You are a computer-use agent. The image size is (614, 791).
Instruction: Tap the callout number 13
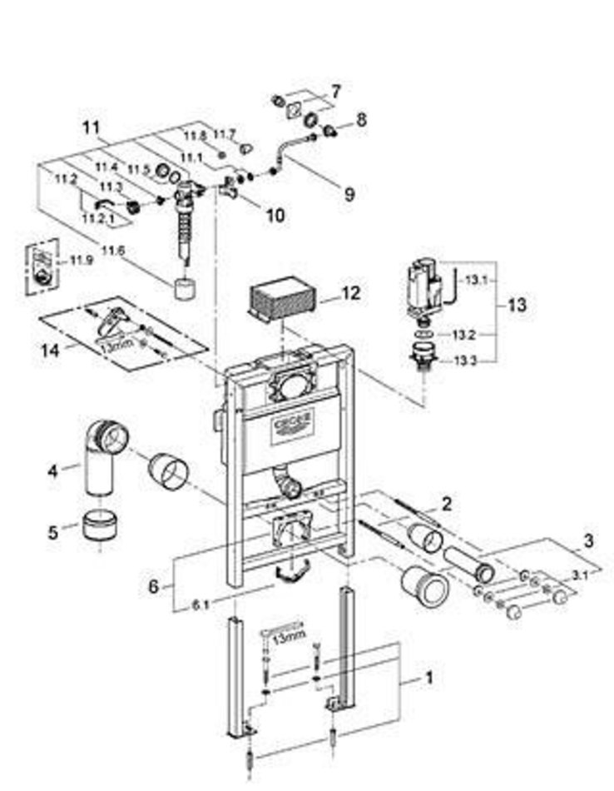pyautogui.click(x=517, y=305)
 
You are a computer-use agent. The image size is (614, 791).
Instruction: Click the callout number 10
pyautogui.click(x=275, y=215)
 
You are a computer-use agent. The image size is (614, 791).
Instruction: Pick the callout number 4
pyautogui.click(x=52, y=470)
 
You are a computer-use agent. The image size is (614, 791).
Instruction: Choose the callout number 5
pyautogui.click(x=52, y=530)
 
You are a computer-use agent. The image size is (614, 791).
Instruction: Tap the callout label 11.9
pyautogui.click(x=81, y=261)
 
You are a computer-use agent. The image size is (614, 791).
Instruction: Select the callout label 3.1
pyautogui.click(x=579, y=573)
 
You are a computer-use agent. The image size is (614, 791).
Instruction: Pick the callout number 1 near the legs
pyautogui.click(x=429, y=678)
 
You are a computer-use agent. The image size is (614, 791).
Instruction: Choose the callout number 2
pyautogui.click(x=447, y=502)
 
